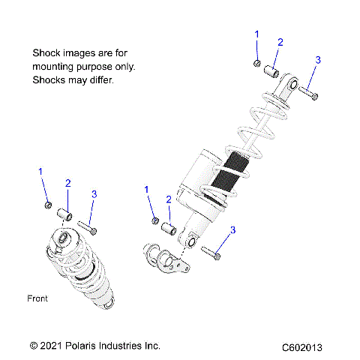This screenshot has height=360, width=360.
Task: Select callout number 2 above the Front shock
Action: [x=67, y=183]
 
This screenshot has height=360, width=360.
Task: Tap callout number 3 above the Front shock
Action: [x=94, y=194]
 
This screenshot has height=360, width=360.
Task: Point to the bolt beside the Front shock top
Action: [x=87, y=223]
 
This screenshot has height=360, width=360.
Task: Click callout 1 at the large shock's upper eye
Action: [x=256, y=34]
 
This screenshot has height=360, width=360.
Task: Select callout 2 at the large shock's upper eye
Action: [x=280, y=42]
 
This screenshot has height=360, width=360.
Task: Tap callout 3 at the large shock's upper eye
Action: [x=317, y=60]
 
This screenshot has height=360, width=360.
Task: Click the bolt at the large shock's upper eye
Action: [x=308, y=93]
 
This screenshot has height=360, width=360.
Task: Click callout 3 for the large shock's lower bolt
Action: [x=232, y=229]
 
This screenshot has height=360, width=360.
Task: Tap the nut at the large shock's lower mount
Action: [x=154, y=220]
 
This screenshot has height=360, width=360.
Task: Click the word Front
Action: [x=37, y=298]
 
